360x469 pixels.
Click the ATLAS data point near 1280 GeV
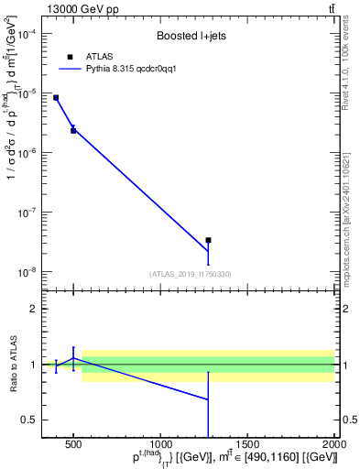point(209,240)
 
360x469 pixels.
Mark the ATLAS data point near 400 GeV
point(56,97)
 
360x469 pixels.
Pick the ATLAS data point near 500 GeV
point(73,131)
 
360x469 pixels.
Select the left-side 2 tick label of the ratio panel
point(32,309)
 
